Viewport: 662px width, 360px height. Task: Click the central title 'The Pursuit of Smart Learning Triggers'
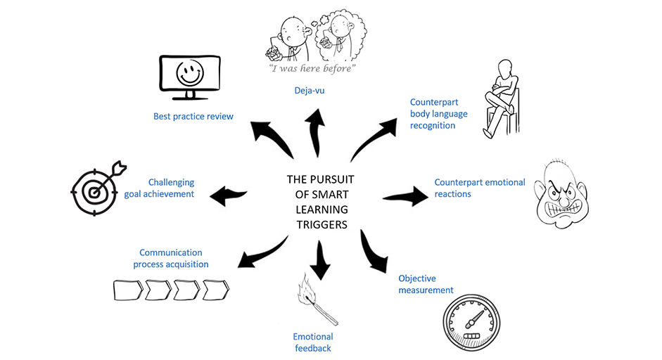click(319, 202)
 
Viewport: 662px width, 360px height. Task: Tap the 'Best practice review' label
click(193, 116)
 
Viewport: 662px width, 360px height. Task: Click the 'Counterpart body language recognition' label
click(438, 114)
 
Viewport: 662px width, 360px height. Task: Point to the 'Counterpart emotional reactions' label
click(479, 188)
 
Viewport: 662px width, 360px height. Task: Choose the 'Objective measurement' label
click(426, 284)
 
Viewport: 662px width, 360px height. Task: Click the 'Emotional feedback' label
click(312, 342)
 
